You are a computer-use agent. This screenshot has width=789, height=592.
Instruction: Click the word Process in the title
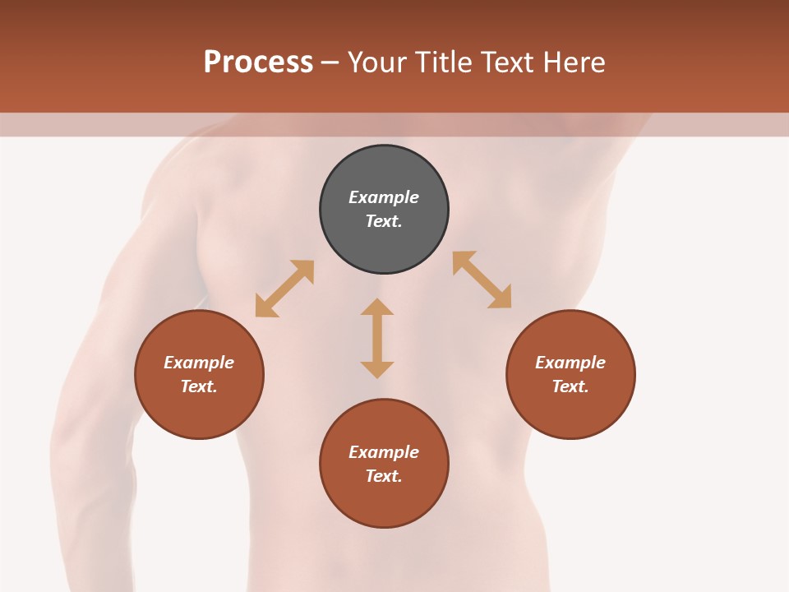[258, 62]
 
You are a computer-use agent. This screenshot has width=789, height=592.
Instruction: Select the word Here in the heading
[574, 62]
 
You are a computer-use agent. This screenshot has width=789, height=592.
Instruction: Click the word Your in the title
[377, 62]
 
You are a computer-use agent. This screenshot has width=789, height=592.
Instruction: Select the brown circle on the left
[199, 411]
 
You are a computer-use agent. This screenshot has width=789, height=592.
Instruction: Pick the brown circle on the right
[570, 411]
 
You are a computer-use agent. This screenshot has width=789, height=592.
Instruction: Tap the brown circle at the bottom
[384, 502]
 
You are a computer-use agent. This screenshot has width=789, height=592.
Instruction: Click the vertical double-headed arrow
[377, 338]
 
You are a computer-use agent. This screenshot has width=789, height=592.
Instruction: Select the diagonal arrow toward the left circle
[284, 289]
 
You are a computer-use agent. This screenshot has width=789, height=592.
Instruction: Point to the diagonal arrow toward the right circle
[482, 280]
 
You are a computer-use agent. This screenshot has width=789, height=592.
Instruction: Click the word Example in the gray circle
[384, 197]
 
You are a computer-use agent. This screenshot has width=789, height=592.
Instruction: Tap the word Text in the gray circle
[384, 221]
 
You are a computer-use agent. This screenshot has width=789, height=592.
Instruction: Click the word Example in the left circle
[199, 363]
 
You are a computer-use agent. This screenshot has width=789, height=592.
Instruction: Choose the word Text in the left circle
[199, 386]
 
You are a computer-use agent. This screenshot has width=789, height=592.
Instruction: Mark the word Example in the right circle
[570, 363]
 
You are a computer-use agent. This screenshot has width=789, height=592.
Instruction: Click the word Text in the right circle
[570, 386]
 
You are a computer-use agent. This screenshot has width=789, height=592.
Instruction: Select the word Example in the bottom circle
[384, 452]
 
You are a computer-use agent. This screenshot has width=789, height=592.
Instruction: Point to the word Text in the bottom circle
[384, 476]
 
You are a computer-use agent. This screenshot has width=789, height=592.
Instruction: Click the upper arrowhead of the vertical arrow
[377, 307]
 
